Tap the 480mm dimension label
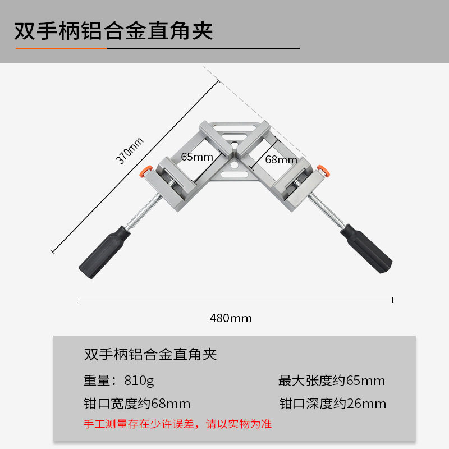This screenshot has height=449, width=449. click(231, 318)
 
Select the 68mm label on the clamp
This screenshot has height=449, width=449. click(281, 159)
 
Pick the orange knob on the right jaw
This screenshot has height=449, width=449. click(322, 169)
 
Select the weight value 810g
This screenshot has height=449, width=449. click(140, 381)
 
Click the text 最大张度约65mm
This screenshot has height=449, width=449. click(332, 381)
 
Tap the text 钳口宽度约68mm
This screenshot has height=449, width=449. click(137, 404)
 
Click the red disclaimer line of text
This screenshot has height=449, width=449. click(177, 424)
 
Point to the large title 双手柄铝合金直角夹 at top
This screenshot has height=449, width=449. click(114, 31)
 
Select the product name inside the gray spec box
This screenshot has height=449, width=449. click(150, 355)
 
